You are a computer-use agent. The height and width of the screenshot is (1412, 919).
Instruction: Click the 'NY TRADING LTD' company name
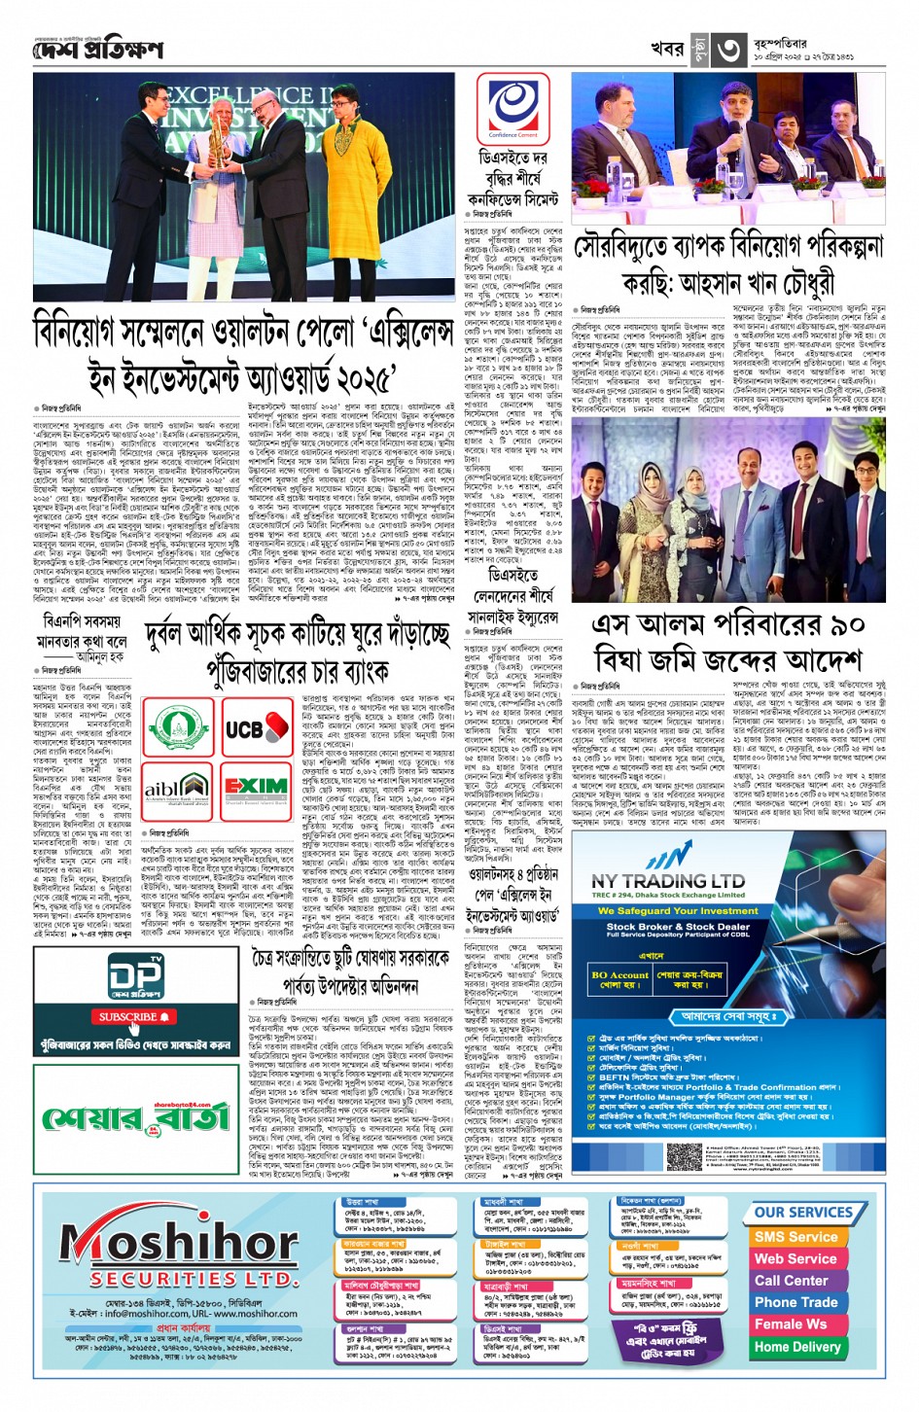point(667,880)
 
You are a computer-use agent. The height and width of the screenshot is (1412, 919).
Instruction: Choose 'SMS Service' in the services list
point(795,1237)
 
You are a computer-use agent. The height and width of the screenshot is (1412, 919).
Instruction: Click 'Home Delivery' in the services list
point(796,1347)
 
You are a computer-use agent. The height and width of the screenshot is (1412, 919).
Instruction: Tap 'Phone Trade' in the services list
point(795,1302)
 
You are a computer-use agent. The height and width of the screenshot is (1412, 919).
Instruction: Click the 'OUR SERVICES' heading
point(802,1213)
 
